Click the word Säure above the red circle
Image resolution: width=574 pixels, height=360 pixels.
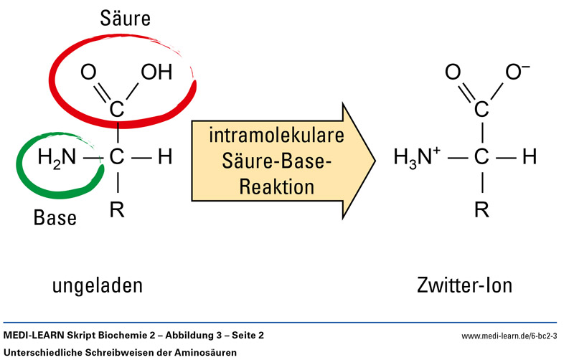125,19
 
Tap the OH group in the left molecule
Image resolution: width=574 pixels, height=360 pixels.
156,72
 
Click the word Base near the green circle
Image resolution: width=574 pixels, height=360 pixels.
55,218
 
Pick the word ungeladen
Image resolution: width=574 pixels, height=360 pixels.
98,285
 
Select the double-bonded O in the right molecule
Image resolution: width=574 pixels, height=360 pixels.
453,72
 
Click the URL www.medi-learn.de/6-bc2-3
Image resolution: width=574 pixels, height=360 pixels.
510,336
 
